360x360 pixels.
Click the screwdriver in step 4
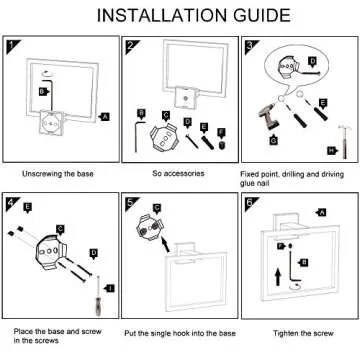pyautogui.click(x=98, y=296)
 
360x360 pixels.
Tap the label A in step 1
pyautogui.click(x=105, y=117)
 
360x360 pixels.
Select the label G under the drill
pyautogui.click(x=274, y=141)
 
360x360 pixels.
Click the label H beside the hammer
pyautogui.click(x=332, y=151)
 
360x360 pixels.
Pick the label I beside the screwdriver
pyautogui.click(x=110, y=288)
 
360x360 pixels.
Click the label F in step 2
pyautogui.click(x=220, y=132)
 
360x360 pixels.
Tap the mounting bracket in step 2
pyautogui.click(x=163, y=137)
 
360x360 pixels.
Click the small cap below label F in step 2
pyautogui.click(x=221, y=146)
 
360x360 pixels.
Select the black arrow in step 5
pyautogui.click(x=165, y=244)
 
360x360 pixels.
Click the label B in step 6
pyautogui.click(x=303, y=262)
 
